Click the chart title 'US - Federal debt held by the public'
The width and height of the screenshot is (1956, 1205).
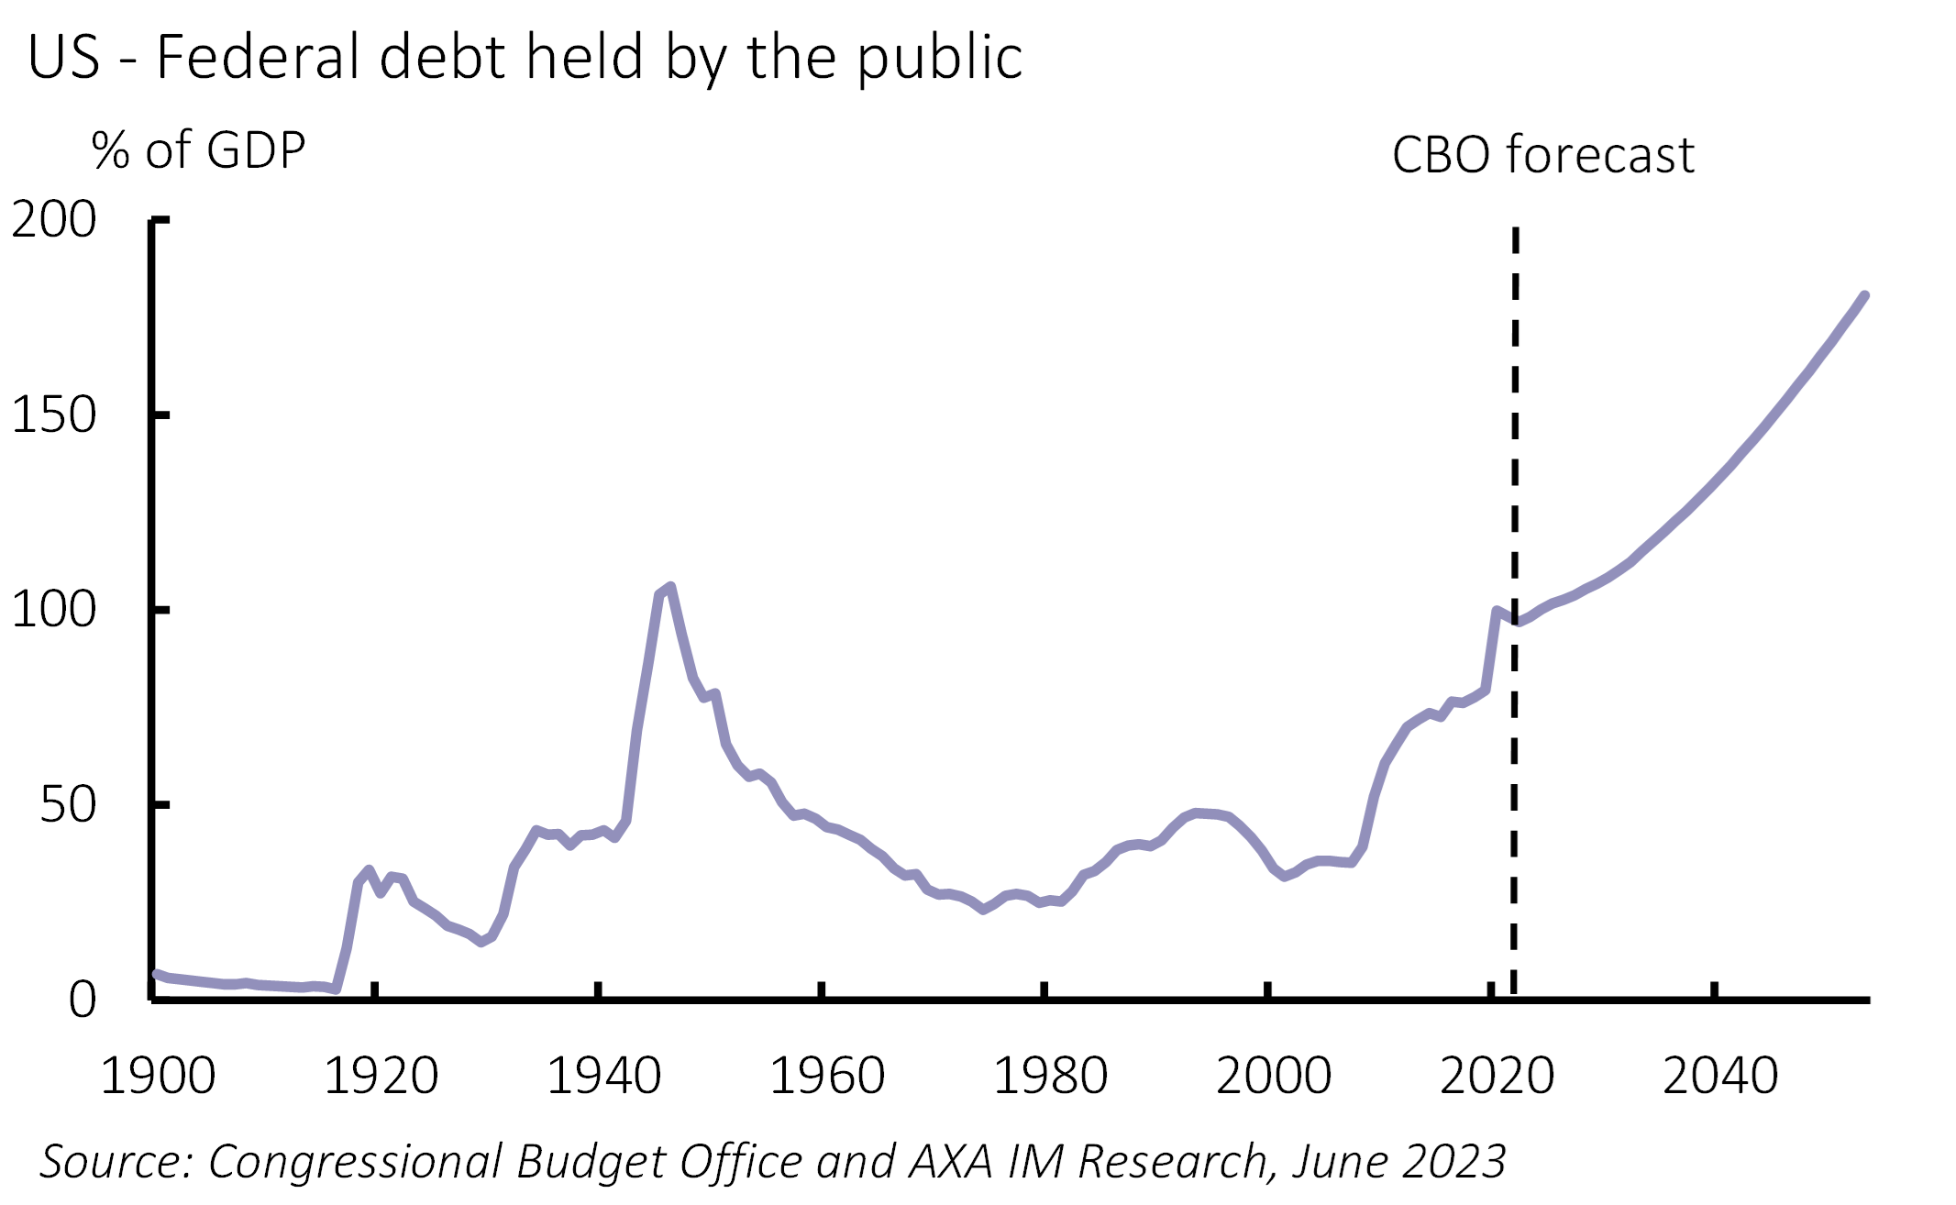pyautogui.click(x=525, y=57)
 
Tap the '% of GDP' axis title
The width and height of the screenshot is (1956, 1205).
pyautogui.click(x=198, y=151)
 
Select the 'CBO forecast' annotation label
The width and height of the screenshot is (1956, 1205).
pyautogui.click(x=1542, y=154)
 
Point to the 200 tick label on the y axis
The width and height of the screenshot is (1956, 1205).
pyautogui.click(x=53, y=220)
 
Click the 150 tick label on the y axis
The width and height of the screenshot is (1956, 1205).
pyautogui.click(x=53, y=415)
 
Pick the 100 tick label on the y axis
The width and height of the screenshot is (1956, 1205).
pyautogui.click(x=53, y=610)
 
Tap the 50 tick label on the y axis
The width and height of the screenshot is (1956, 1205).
pyautogui.click(x=67, y=805)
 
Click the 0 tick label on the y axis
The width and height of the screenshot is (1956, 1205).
pyautogui.click(x=82, y=1000)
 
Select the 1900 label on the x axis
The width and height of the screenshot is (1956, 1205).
pyautogui.click(x=158, y=1076)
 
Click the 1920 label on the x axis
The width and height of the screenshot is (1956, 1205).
pyautogui.click(x=381, y=1076)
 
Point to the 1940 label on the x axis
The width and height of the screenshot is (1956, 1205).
pyautogui.click(x=604, y=1076)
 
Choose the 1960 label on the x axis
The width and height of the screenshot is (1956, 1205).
pyautogui.click(x=827, y=1076)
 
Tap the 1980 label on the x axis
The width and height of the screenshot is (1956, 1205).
pyautogui.click(x=1051, y=1076)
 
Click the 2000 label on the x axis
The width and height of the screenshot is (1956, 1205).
pyautogui.click(x=1274, y=1076)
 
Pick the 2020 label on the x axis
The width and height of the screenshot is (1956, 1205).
pyautogui.click(x=1497, y=1076)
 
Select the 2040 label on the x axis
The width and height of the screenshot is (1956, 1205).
pyautogui.click(x=1720, y=1076)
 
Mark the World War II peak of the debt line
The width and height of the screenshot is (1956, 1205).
pyautogui.click(x=670, y=587)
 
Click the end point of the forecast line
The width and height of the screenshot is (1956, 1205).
pyautogui.click(x=1865, y=295)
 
